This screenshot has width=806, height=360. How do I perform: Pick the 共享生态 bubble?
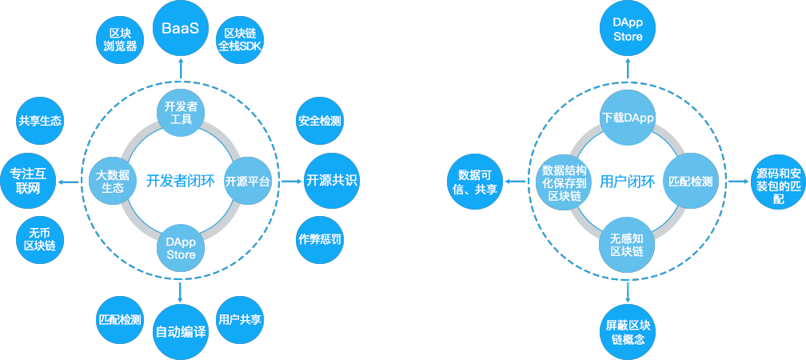(40, 121)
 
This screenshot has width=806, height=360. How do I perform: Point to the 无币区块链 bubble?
(40, 239)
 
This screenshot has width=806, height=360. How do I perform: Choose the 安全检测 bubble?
(320, 122)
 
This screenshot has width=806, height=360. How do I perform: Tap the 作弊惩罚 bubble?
(320, 239)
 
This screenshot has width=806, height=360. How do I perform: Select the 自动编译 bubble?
(180, 331)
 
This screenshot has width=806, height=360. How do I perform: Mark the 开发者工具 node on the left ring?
(180, 113)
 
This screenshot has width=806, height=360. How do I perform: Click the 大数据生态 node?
(113, 181)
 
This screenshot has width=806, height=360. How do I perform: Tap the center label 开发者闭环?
(180, 181)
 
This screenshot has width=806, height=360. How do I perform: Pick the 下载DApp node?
(628, 118)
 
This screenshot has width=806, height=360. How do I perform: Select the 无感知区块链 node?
(628, 244)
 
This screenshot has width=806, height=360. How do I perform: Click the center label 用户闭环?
(628, 182)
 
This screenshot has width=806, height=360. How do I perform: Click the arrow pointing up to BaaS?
(180, 69)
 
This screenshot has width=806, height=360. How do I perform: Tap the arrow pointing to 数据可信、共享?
(517, 182)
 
